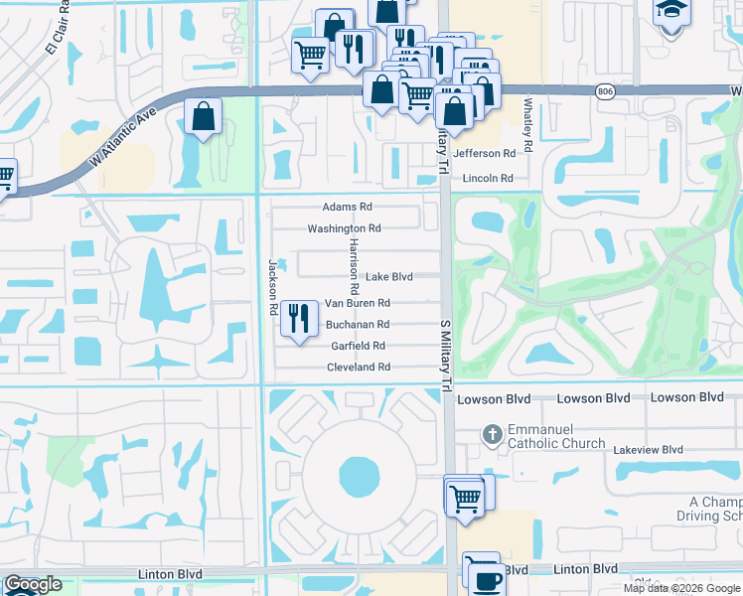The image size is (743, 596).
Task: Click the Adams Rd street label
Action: (347, 208)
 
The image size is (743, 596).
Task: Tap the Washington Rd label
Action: (344, 228)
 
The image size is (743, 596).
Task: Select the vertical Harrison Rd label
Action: (353, 266)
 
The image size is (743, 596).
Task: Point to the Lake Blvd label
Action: (388, 277)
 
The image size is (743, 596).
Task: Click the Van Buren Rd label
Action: (357, 303)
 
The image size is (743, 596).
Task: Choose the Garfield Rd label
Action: (357, 346)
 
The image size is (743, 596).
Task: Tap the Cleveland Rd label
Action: (358, 368)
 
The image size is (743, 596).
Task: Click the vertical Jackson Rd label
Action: (271, 288)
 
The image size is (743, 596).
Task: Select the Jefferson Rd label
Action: (484, 154)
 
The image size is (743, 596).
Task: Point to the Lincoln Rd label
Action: (487, 179)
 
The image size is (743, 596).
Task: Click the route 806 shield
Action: (605, 91)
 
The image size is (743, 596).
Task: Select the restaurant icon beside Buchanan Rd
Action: (299, 319)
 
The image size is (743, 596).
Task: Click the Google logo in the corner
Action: (33, 585)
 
